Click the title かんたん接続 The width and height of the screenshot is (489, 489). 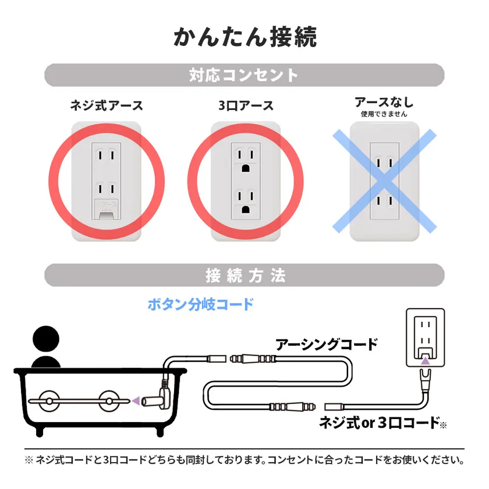pos(245,36)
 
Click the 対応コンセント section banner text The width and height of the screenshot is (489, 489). pos(244,75)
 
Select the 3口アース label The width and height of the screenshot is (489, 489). pos(246,105)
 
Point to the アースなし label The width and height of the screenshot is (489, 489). pos(384,102)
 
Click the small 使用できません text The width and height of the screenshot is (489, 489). pos(384,114)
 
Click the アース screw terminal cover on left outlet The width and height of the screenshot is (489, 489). pos(106,210)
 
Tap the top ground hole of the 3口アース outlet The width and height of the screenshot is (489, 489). pos(246,168)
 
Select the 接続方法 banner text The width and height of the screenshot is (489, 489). pos(245,275)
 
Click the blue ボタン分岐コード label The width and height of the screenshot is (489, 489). pos(201,304)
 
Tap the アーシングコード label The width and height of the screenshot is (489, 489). pos(327,344)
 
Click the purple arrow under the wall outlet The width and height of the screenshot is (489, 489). pos(426,362)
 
